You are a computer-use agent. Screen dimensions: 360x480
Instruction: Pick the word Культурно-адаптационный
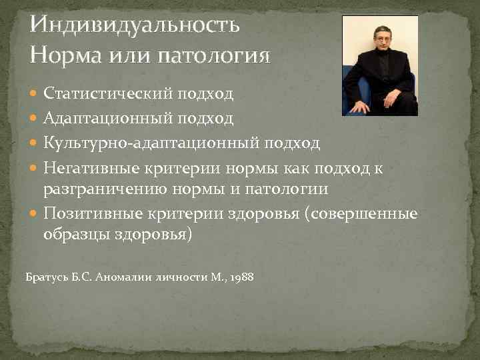tap(153, 143)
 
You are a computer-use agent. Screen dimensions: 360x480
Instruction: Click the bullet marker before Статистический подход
tap(35, 94)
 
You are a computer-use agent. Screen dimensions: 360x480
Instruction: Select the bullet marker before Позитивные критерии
tap(35, 214)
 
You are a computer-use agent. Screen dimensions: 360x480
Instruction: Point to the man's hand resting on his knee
tap(361, 106)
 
